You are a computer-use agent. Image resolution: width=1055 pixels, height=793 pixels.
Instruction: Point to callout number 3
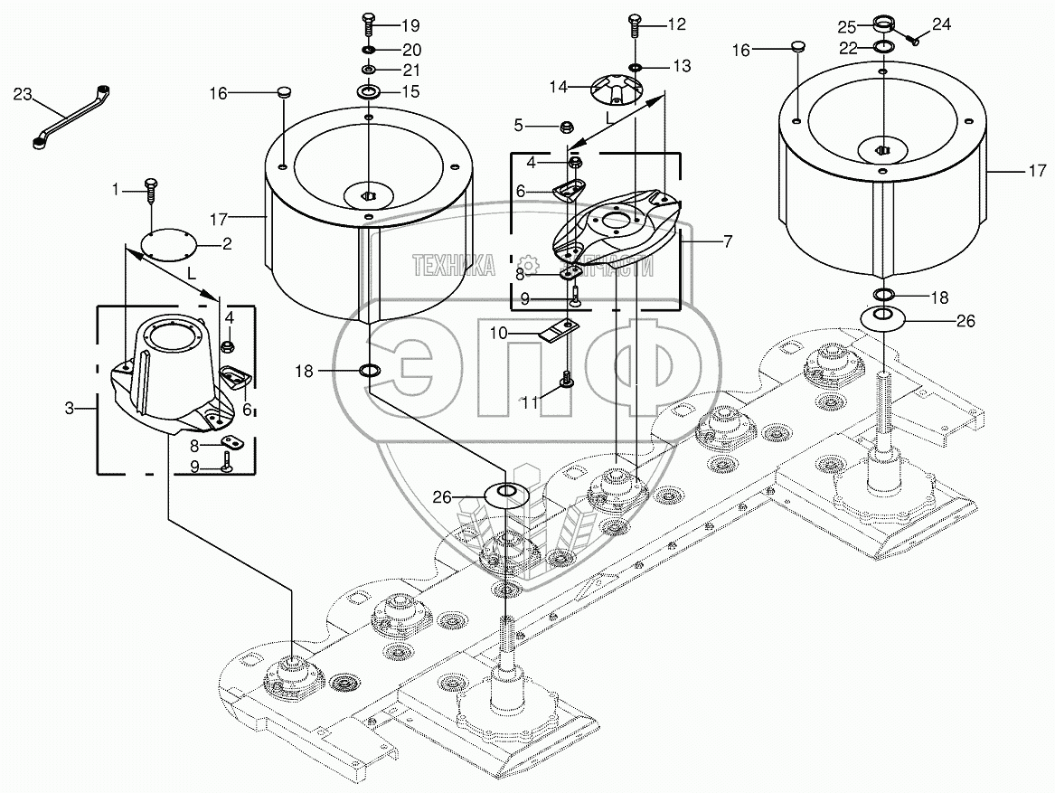71,409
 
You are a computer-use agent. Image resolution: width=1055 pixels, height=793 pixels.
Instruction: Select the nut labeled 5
570,126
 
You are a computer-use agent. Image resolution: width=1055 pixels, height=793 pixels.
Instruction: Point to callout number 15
411,91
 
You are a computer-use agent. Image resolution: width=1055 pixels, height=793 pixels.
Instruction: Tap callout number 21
411,70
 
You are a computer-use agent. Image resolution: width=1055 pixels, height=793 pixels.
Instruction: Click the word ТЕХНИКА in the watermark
453,265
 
